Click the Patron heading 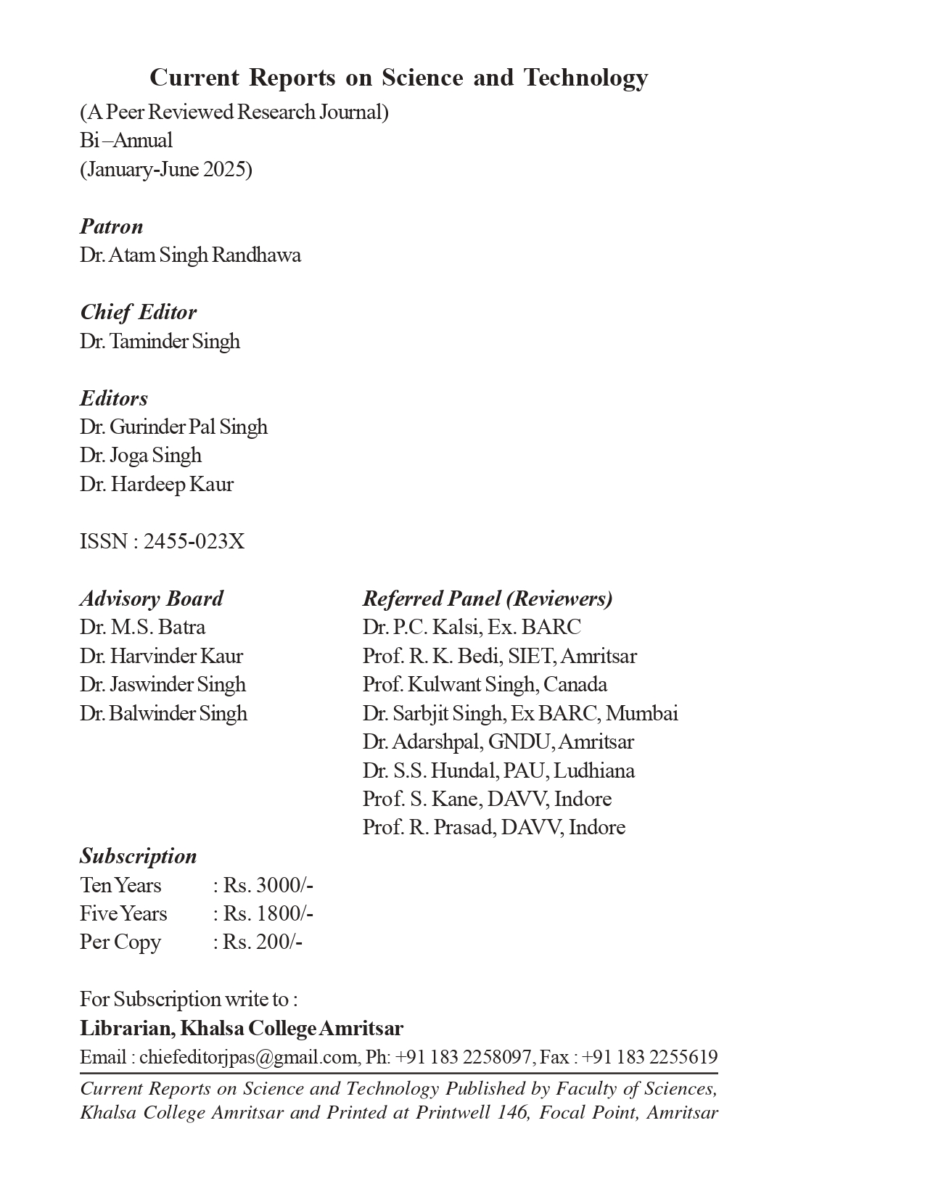(x=111, y=226)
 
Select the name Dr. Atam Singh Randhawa (x=190, y=255)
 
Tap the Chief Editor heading (x=138, y=312)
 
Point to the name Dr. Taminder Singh (x=160, y=341)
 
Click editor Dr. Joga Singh (x=141, y=456)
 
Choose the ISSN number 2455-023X (x=194, y=541)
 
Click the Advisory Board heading (x=151, y=598)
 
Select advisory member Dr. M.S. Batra (x=142, y=627)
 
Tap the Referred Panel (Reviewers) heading (x=488, y=598)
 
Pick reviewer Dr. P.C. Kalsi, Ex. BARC (x=472, y=627)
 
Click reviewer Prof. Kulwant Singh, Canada (x=485, y=684)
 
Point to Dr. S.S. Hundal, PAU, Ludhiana (x=498, y=770)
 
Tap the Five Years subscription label (x=123, y=913)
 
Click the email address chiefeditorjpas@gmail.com (x=248, y=1057)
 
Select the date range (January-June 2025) (x=166, y=169)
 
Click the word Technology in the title (x=585, y=77)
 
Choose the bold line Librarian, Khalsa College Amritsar (x=242, y=1028)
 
